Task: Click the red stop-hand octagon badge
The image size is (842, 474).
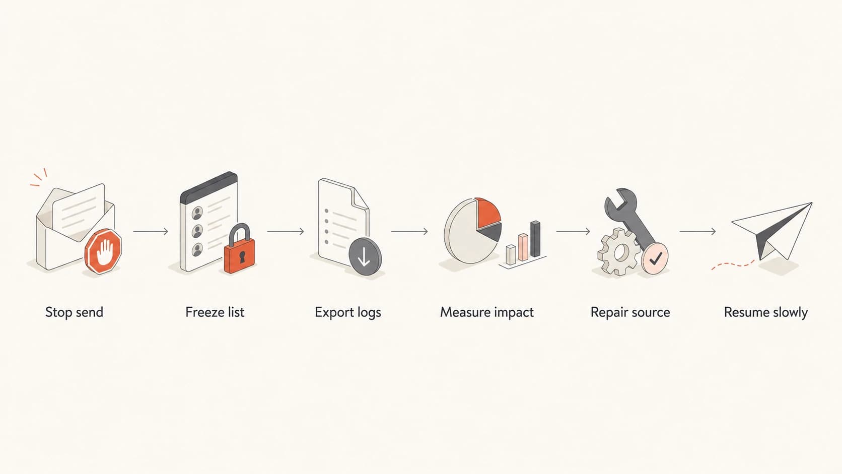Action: click(x=104, y=251)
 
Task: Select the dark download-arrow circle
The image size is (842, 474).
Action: click(x=365, y=257)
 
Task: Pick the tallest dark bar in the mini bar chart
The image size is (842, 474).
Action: click(x=535, y=239)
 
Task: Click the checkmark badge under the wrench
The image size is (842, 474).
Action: click(x=655, y=258)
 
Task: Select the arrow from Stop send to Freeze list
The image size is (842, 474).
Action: click(x=151, y=232)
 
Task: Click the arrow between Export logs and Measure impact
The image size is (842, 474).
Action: click(x=409, y=232)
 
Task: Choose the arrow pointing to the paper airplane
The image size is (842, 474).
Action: click(x=697, y=232)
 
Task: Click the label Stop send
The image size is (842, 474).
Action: click(x=74, y=312)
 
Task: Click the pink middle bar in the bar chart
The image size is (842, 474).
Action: click(x=523, y=247)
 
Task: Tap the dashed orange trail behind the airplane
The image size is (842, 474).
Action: click(x=733, y=264)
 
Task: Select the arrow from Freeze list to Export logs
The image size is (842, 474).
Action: click(x=286, y=232)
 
